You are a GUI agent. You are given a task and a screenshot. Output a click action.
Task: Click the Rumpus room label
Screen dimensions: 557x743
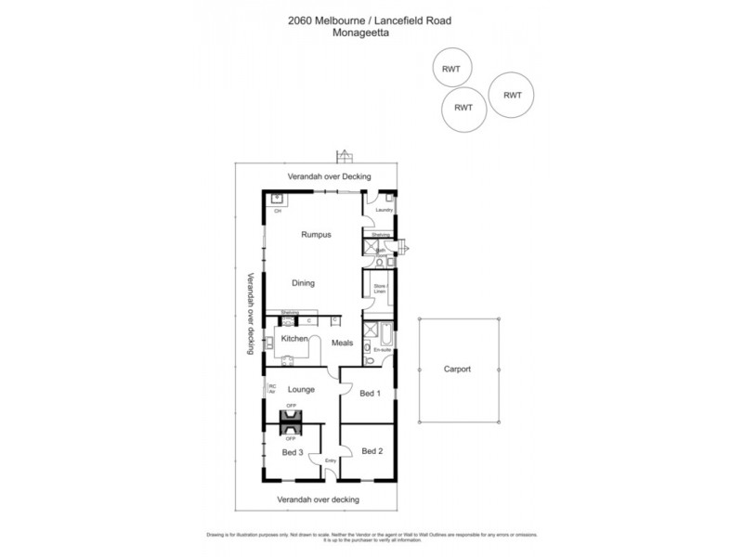[x=316, y=235]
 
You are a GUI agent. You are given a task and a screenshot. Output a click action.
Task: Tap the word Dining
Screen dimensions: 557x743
[x=303, y=283]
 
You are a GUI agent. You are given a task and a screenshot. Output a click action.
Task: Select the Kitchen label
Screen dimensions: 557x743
[x=293, y=340]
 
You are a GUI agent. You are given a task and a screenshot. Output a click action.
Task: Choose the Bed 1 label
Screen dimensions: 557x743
[x=371, y=394]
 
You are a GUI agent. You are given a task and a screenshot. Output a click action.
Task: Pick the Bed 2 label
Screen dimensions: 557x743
[x=371, y=451]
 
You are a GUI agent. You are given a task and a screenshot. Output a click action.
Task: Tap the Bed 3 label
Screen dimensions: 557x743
[x=292, y=452]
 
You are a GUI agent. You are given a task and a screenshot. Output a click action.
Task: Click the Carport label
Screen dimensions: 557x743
[x=458, y=369]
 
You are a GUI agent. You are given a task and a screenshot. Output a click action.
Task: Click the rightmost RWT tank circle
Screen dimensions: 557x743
[x=511, y=95]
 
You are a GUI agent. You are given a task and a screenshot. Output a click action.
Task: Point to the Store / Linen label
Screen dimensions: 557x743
[x=379, y=289]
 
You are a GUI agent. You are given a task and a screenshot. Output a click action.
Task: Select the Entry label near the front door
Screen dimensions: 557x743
[x=329, y=460]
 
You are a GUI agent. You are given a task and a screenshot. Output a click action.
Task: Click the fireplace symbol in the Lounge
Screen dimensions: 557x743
[x=291, y=421]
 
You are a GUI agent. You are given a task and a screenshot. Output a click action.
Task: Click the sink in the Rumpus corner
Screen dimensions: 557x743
[x=278, y=199]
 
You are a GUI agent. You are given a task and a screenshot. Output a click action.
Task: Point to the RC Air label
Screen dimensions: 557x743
[x=272, y=389]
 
